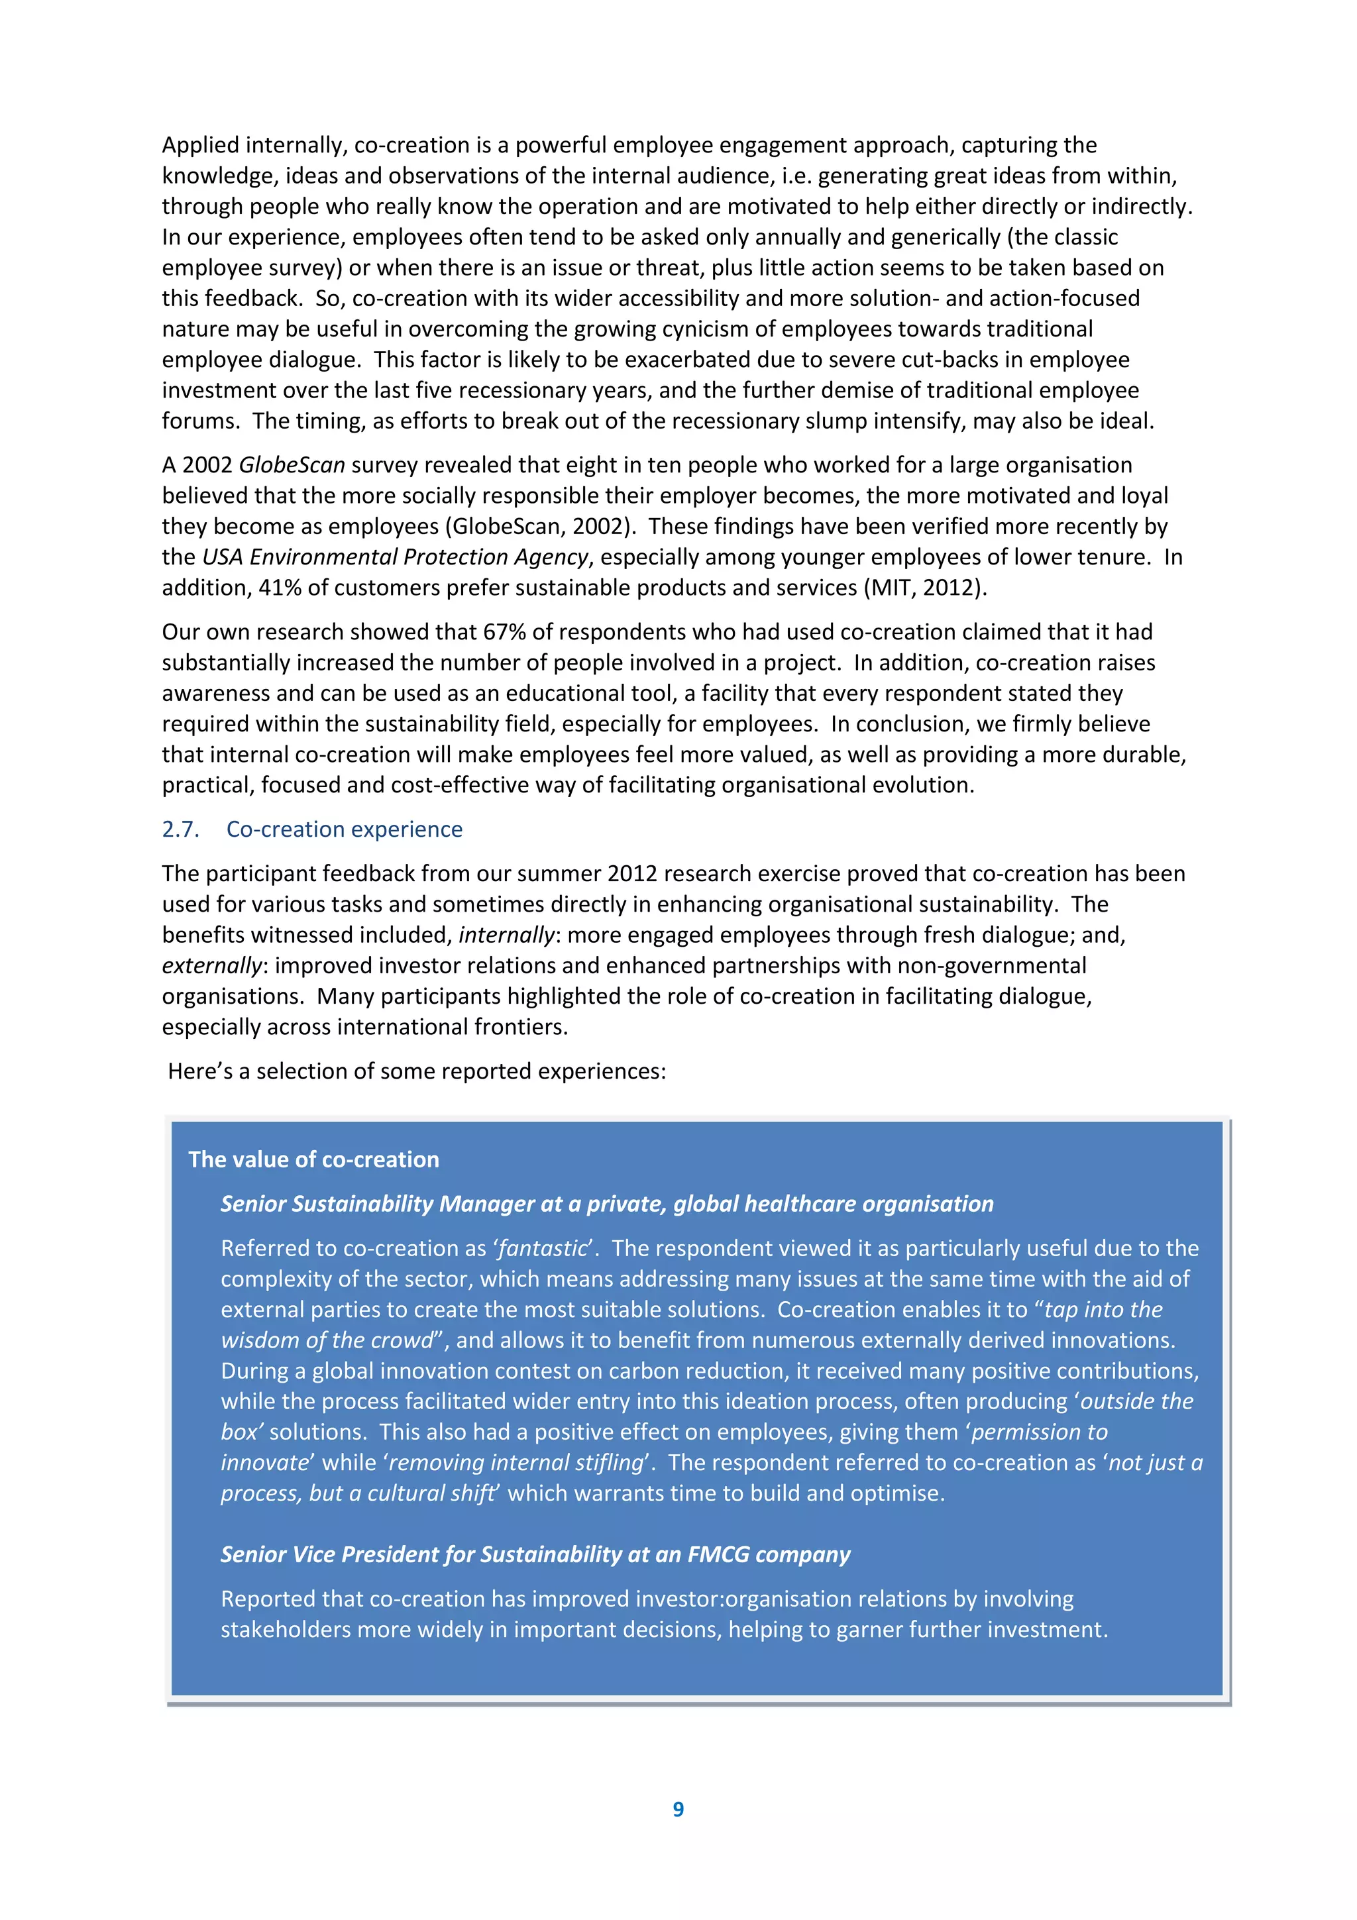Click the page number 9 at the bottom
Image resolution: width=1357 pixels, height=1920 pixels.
point(678,1809)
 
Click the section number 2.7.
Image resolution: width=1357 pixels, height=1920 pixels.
point(181,829)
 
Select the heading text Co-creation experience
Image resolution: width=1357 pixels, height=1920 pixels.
point(344,829)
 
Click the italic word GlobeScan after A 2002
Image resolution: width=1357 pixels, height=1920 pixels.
point(292,465)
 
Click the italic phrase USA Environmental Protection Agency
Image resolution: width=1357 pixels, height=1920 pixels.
point(396,557)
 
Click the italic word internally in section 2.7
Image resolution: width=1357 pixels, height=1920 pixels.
point(506,935)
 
